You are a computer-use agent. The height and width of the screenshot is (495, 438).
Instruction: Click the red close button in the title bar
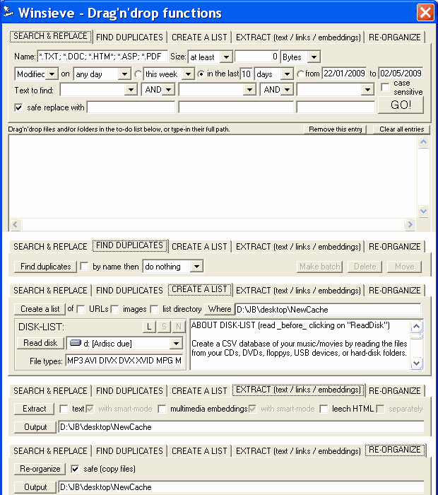tap(425, 12)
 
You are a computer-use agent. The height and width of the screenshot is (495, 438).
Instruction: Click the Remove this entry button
tap(335, 129)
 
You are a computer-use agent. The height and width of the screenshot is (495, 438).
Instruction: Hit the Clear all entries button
tap(401, 129)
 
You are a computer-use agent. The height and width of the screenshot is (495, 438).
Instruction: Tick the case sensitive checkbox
tap(385, 84)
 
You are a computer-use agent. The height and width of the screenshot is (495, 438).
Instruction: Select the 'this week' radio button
tap(138, 74)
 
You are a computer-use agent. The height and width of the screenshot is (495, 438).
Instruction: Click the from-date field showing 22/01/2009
tap(345, 74)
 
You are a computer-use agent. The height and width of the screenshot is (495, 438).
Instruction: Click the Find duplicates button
tap(46, 267)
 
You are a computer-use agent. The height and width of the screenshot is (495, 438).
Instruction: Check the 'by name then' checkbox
tap(85, 267)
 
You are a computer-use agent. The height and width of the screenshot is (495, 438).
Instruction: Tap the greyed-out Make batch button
tap(320, 267)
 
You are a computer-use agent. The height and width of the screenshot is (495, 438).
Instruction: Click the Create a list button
tap(40, 309)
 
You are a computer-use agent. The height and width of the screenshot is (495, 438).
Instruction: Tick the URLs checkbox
tap(81, 309)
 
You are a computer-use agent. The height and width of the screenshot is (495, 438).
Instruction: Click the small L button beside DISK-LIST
tap(149, 327)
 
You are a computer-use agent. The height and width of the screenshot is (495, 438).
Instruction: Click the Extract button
tap(34, 409)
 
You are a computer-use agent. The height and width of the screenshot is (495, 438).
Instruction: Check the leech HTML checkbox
tap(324, 409)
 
